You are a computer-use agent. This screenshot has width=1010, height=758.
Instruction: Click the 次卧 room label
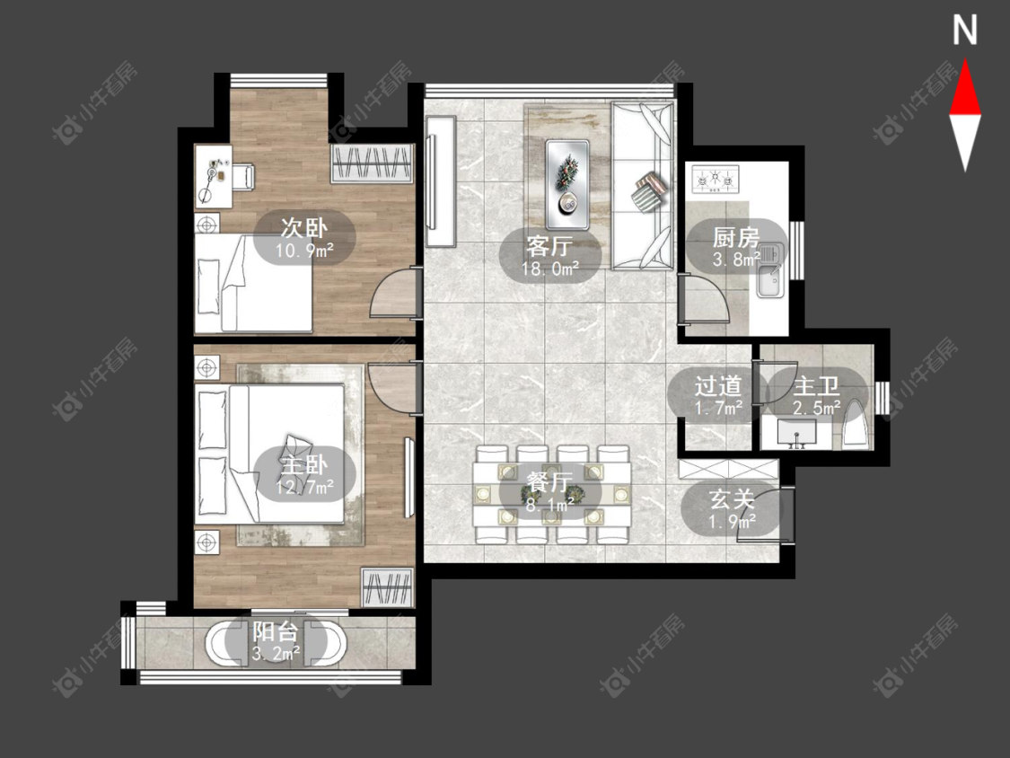304,227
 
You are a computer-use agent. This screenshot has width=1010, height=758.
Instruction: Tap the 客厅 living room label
549,246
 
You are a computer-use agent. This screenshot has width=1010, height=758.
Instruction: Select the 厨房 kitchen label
735,238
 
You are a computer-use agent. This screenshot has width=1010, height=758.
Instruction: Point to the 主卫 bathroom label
816,386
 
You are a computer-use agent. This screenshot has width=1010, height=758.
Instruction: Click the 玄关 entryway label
732,498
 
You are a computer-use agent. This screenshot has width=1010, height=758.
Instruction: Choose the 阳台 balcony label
276,630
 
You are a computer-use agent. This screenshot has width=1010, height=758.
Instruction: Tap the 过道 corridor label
718,386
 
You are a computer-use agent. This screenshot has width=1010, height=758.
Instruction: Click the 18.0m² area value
550,269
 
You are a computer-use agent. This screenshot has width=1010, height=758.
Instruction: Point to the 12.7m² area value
304,487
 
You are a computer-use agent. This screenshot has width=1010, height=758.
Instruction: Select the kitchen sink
769,270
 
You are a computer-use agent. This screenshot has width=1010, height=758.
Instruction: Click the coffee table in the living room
567,184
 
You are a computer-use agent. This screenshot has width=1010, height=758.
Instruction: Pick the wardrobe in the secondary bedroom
372,163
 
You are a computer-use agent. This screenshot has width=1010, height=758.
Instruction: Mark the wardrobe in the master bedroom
386,586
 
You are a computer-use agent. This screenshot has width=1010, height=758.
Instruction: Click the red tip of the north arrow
965,60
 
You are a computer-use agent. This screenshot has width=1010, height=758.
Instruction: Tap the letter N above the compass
965,31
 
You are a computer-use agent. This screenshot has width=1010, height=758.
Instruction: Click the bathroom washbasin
796,433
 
